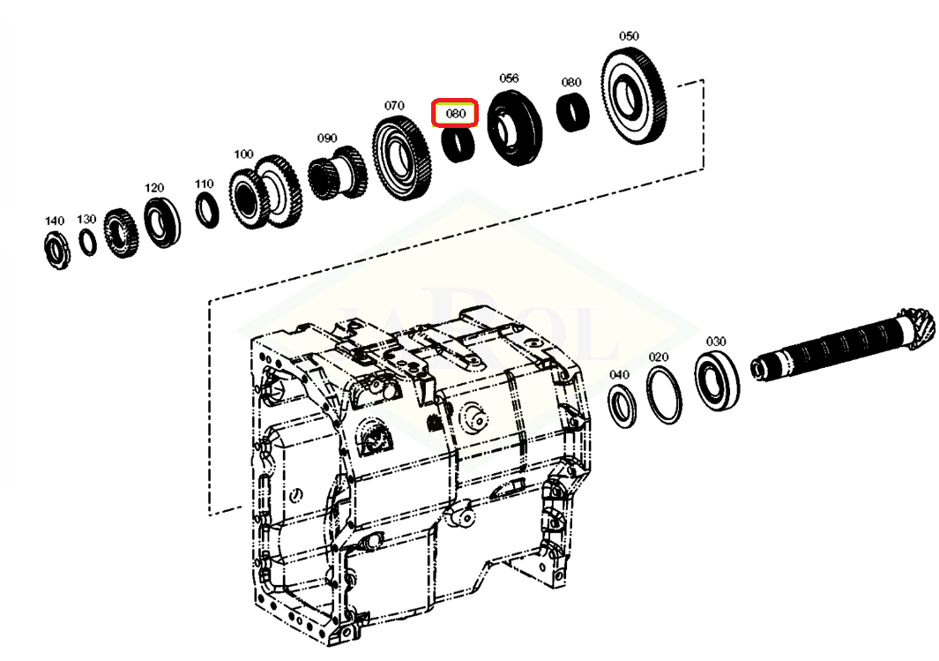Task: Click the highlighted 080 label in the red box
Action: pyautogui.click(x=455, y=113)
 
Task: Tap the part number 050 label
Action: pyautogui.click(x=628, y=36)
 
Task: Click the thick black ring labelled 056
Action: pyautogui.click(x=515, y=128)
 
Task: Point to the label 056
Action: pyautogui.click(x=509, y=78)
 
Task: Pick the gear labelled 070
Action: pyautogui.click(x=402, y=158)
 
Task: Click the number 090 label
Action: pyautogui.click(x=326, y=139)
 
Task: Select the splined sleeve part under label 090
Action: pyautogui.click(x=337, y=172)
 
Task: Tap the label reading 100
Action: pyautogui.click(x=243, y=154)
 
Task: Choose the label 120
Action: pyautogui.click(x=154, y=188)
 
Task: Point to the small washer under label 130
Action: pyautogui.click(x=88, y=242)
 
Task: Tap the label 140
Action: pyautogui.click(x=55, y=222)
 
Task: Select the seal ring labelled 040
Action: pyautogui.click(x=622, y=406)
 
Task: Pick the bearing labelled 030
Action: pyautogui.click(x=716, y=381)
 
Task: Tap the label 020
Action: pyautogui.click(x=658, y=357)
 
